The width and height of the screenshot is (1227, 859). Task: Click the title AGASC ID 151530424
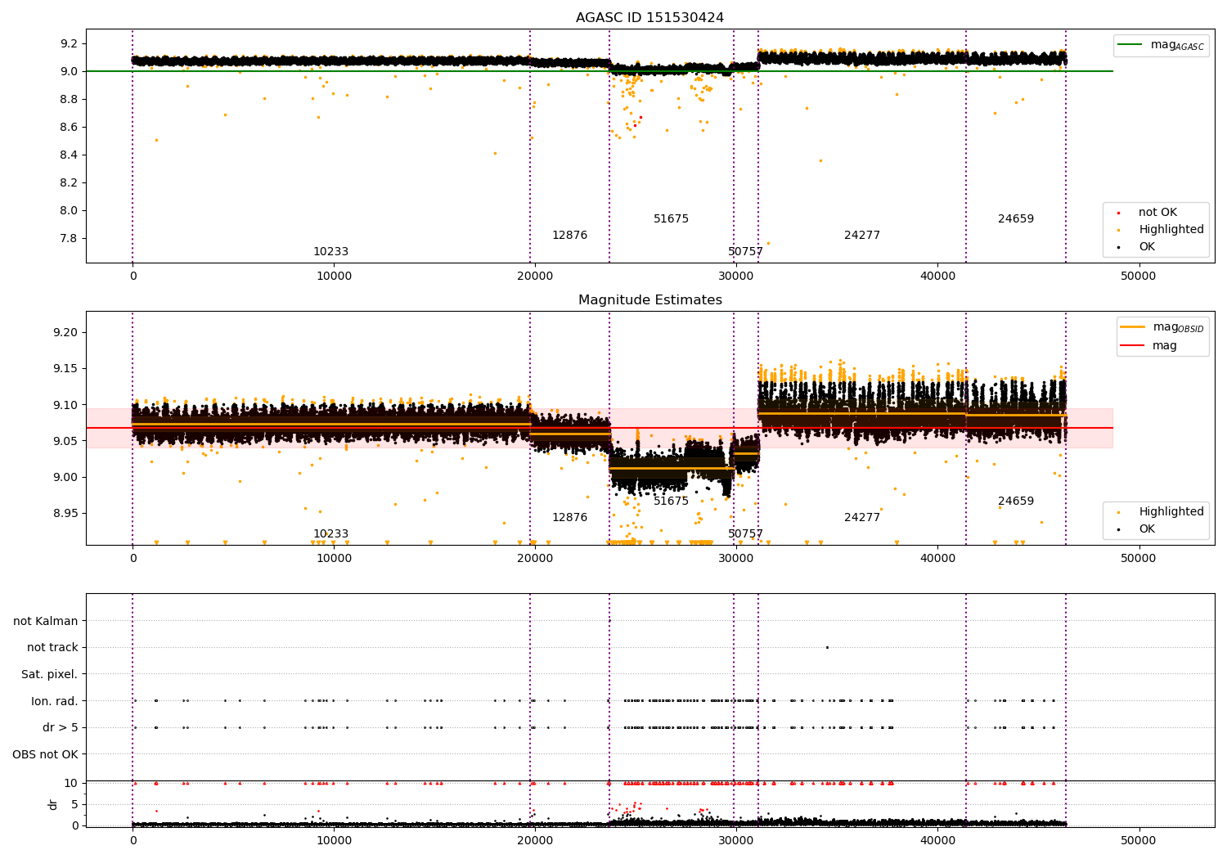[649, 18]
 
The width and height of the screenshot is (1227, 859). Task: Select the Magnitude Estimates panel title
[649, 300]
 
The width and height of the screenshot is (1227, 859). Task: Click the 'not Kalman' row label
[46, 621]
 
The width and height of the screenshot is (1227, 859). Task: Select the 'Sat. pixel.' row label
[50, 674]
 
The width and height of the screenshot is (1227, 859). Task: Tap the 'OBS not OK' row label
[46, 754]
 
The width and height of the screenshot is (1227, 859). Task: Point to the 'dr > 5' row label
[61, 727]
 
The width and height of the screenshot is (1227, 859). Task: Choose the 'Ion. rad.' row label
[55, 701]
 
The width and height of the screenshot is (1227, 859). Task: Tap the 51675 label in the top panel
[671, 219]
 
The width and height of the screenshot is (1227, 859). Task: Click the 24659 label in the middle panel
[1015, 501]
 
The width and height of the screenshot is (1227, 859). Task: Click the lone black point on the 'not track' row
[827, 647]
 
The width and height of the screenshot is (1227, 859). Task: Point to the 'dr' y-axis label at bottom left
[53, 804]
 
